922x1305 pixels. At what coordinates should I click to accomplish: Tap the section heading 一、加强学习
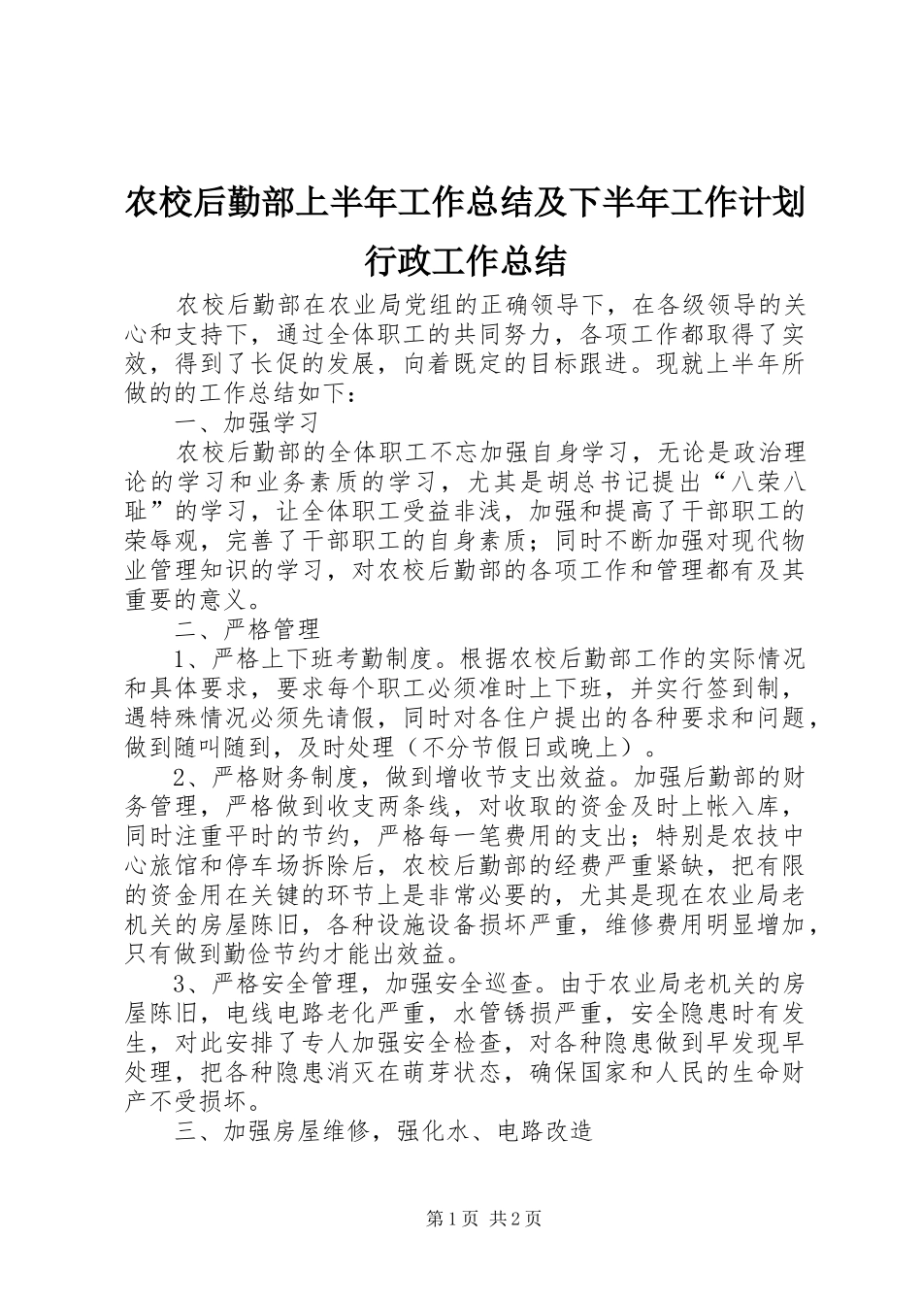click(x=247, y=423)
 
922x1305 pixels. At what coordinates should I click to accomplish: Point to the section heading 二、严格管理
click(x=247, y=627)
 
